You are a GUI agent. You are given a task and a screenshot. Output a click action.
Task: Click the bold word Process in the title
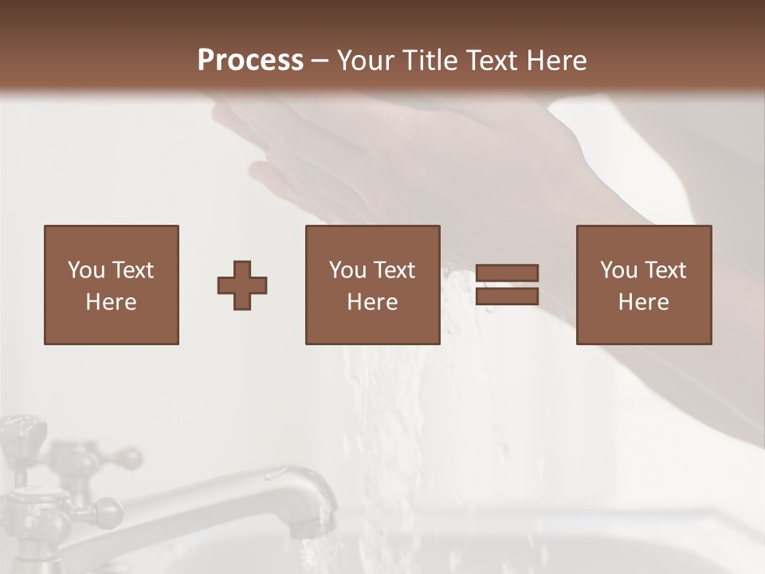tap(250, 61)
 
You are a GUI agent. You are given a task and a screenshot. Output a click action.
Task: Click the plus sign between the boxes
tap(242, 285)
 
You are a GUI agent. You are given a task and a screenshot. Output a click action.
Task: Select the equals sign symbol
tap(507, 285)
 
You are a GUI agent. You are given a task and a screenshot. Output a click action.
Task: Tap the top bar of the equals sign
tap(507, 273)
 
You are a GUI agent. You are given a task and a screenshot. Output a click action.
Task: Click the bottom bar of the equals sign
tap(507, 297)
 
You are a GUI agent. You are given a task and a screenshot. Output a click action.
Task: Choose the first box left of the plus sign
tap(111, 285)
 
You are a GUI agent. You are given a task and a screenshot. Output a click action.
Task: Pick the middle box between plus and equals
tap(372, 285)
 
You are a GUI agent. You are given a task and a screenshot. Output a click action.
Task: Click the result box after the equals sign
tap(643, 285)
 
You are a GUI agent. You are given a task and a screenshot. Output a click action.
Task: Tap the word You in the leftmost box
tap(86, 270)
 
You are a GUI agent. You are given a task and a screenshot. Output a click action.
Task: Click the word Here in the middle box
tap(372, 302)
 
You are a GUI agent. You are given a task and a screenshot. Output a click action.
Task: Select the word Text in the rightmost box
tap(665, 270)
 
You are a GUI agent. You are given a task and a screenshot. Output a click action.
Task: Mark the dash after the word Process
tap(320, 61)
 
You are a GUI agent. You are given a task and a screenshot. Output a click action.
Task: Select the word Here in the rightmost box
tap(643, 302)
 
